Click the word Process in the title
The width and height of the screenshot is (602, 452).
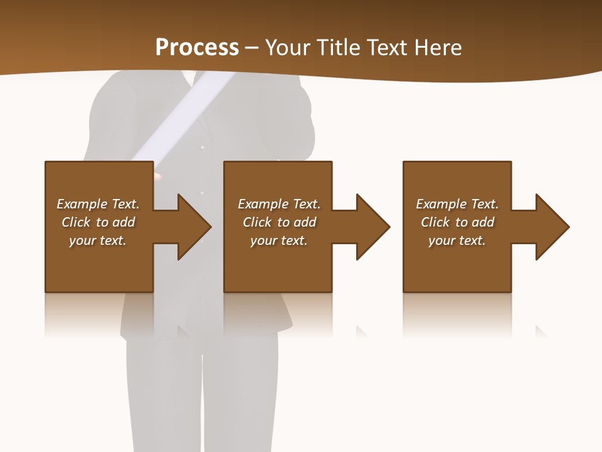point(197,47)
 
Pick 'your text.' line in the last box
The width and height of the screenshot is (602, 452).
point(457,240)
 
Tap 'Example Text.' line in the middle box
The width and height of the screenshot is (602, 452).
point(278,204)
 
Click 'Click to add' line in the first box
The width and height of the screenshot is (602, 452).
point(98,222)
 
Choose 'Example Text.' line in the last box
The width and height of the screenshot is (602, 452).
point(457,204)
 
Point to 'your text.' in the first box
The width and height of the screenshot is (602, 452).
point(98,240)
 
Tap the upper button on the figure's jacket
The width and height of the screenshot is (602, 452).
point(202,148)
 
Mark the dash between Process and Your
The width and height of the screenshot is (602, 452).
point(251,48)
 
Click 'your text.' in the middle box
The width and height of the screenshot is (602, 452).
point(278,240)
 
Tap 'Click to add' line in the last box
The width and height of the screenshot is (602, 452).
point(457,222)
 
